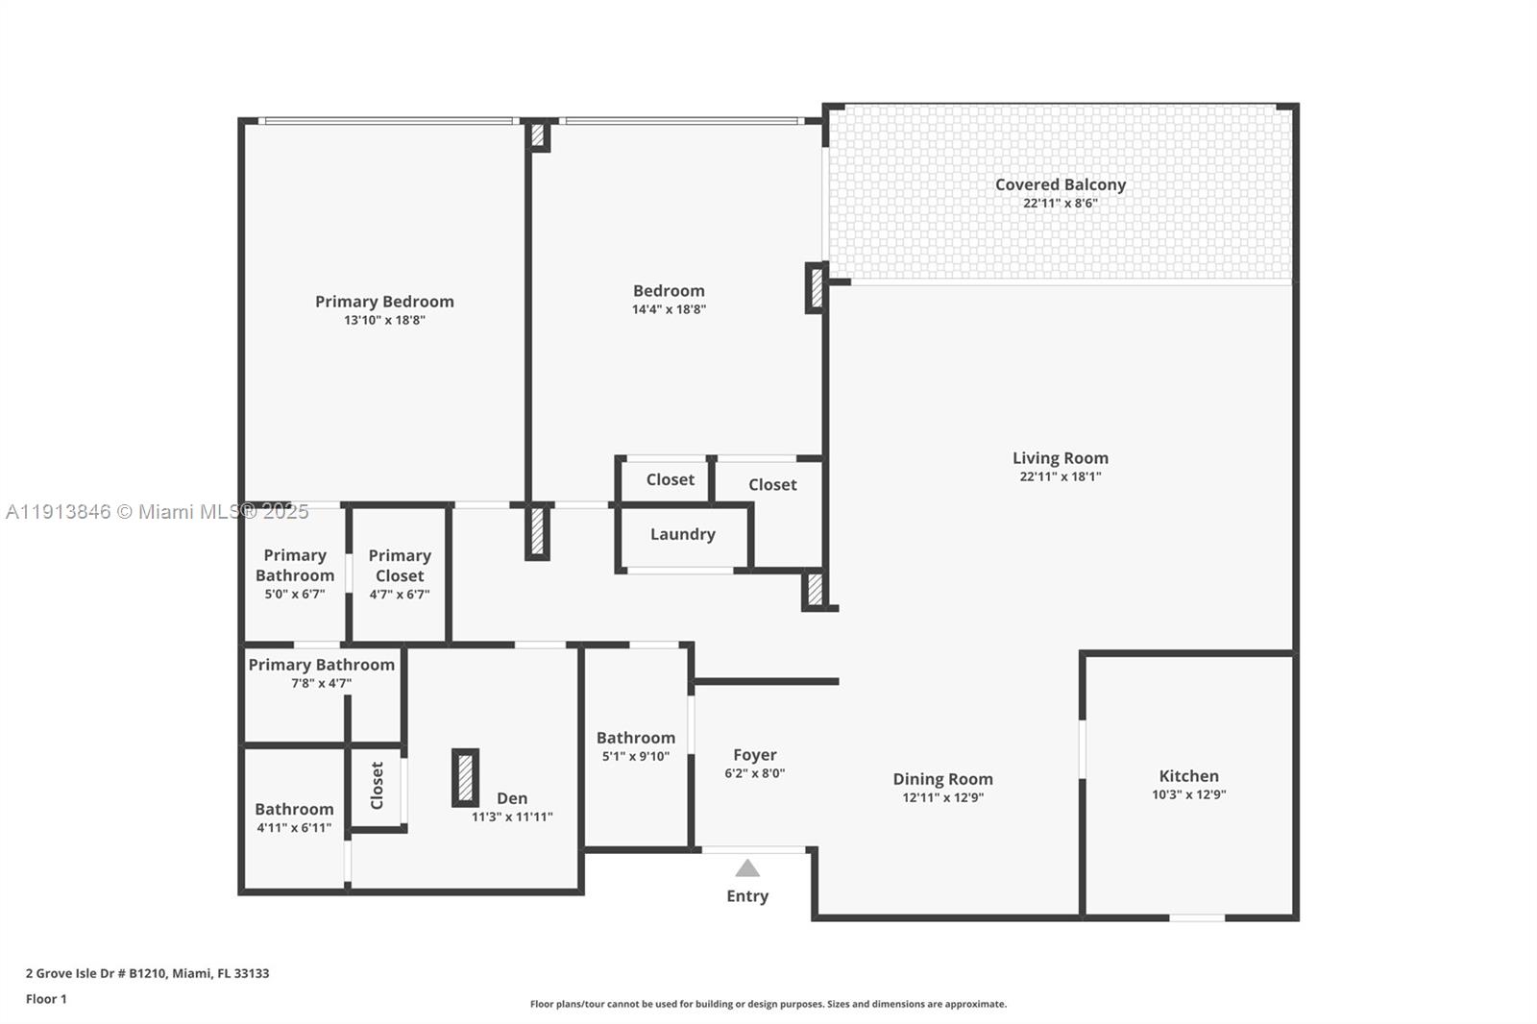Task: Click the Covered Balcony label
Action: click(x=1060, y=184)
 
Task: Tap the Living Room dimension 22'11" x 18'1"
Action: click(x=1060, y=476)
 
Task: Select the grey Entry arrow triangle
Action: click(x=747, y=868)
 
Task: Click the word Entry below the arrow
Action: click(x=747, y=896)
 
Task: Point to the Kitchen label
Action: click(x=1188, y=776)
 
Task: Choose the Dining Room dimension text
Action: click(x=942, y=797)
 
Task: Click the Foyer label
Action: click(x=754, y=755)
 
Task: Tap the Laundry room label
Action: click(x=682, y=534)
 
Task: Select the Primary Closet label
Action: click(x=400, y=566)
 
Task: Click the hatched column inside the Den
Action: click(x=465, y=777)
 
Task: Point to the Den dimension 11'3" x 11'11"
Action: click(x=512, y=817)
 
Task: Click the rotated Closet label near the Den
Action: click(x=377, y=786)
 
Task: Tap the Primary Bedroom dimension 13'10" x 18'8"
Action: click(x=384, y=320)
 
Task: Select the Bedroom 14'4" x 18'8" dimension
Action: click(x=669, y=309)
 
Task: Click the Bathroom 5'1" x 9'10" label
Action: click(x=635, y=738)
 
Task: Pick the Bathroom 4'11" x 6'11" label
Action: click(x=294, y=810)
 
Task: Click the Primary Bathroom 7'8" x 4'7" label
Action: click(x=321, y=665)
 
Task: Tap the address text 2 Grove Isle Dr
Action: click(x=147, y=973)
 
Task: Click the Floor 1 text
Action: click(x=46, y=999)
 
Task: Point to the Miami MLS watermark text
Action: click(x=157, y=512)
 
